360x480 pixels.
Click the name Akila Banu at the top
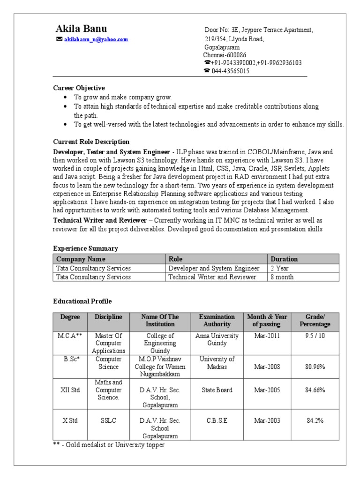pos(81,28)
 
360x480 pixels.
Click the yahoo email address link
pos(96,40)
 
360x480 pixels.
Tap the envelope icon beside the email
pos(59,39)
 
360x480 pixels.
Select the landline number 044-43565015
pos(230,71)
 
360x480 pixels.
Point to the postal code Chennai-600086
pos(225,55)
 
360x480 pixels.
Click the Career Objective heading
pos(79,88)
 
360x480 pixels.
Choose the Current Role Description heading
pos(91,142)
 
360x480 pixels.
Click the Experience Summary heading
pos(85,248)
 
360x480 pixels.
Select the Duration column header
pos(284,259)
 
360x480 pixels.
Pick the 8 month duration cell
pos(282,277)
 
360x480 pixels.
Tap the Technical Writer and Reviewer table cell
pos(212,277)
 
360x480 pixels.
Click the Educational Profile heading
pos(82,301)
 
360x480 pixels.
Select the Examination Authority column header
pos(217,321)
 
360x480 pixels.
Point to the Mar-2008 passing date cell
pos(267,367)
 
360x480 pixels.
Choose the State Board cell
pos(217,390)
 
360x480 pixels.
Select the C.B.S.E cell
pos(217,420)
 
